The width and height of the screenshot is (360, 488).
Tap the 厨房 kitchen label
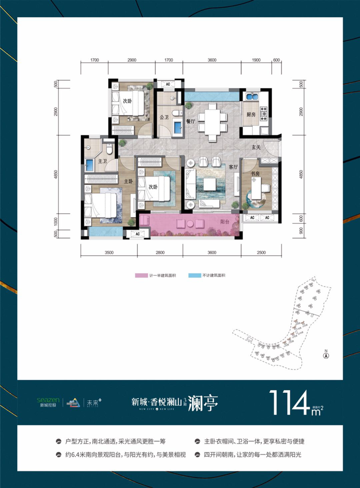click(251, 115)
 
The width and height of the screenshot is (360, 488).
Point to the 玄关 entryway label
click(256, 147)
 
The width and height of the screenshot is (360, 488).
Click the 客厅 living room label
click(234, 167)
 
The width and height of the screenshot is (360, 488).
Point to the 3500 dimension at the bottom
click(109, 252)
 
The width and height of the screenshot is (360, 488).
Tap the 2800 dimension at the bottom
click(159, 252)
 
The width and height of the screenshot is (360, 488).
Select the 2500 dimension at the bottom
click(261, 252)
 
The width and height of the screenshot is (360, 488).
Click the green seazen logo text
click(48, 399)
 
